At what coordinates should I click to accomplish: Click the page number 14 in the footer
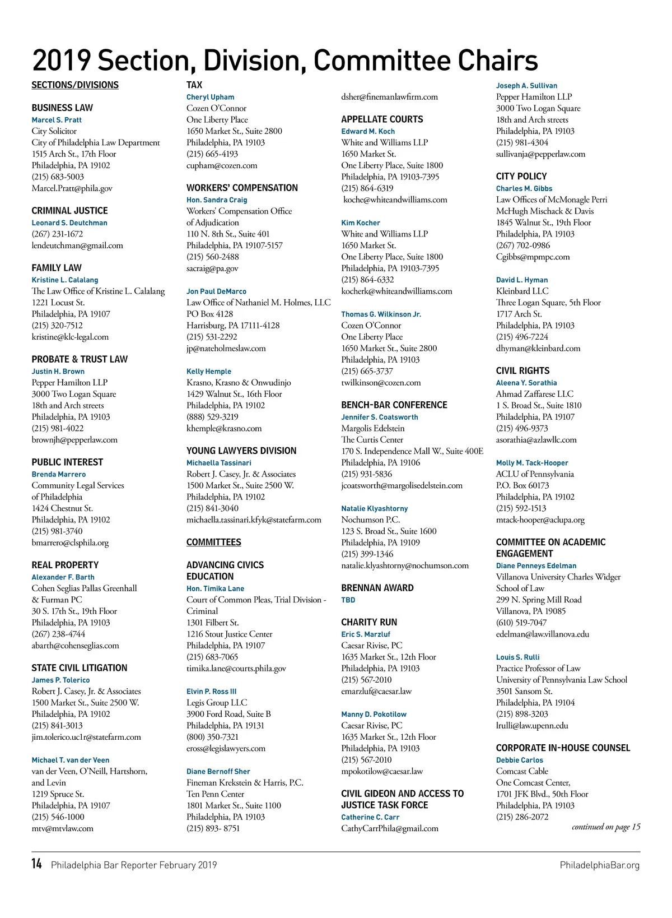pyautogui.click(x=36, y=864)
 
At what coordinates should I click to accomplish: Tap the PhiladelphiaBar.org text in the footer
pyautogui.click(x=599, y=865)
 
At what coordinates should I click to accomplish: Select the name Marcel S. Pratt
pyautogui.click(x=57, y=120)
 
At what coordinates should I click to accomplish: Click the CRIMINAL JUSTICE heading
pyautogui.click(x=69, y=211)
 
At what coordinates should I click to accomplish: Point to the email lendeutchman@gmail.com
pyautogui.click(x=77, y=245)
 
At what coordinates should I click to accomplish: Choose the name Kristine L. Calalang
pyautogui.click(x=65, y=280)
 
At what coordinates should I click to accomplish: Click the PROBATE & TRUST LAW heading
pyautogui.click(x=80, y=359)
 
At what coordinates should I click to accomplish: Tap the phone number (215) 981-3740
pyautogui.click(x=57, y=531)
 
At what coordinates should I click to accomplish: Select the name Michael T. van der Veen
pyautogui.click(x=71, y=760)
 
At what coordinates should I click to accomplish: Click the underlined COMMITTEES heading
pyautogui.click(x=214, y=542)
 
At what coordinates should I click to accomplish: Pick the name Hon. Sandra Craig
pyautogui.click(x=217, y=200)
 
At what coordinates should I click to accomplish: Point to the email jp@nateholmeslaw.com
pyautogui.click(x=226, y=348)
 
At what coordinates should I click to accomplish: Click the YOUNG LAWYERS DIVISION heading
pyautogui.click(x=241, y=451)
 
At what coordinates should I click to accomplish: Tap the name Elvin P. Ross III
pyautogui.click(x=212, y=692)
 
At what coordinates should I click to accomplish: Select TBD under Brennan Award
pyautogui.click(x=348, y=600)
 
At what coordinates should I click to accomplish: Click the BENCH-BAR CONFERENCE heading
pyautogui.click(x=394, y=405)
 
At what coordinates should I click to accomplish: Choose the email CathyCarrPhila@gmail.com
pyautogui.click(x=390, y=828)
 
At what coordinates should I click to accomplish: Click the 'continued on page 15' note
pyautogui.click(x=606, y=827)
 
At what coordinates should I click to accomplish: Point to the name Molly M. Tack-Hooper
pyautogui.click(x=532, y=463)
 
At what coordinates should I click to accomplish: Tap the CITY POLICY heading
pyautogui.click(x=521, y=176)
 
